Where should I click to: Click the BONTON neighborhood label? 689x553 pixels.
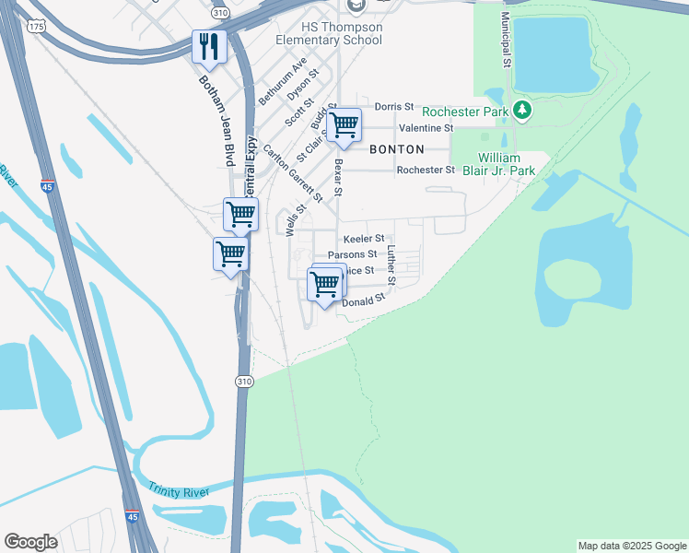(x=397, y=148)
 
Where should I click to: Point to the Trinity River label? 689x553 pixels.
(x=179, y=488)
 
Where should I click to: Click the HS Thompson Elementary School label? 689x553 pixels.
(x=329, y=33)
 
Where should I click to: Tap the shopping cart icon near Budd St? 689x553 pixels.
(x=344, y=125)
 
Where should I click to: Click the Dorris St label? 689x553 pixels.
(x=381, y=107)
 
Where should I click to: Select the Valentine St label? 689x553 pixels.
(x=426, y=128)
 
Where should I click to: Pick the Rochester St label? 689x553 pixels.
(x=426, y=170)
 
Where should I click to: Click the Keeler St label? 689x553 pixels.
(x=363, y=238)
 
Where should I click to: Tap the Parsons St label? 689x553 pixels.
(x=353, y=253)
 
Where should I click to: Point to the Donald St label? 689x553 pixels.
(x=363, y=301)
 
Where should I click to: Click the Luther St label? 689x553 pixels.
(x=391, y=265)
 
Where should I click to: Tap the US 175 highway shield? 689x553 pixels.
(x=36, y=27)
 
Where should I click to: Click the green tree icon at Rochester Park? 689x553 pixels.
(x=523, y=112)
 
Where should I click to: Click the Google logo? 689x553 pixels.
(x=30, y=542)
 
